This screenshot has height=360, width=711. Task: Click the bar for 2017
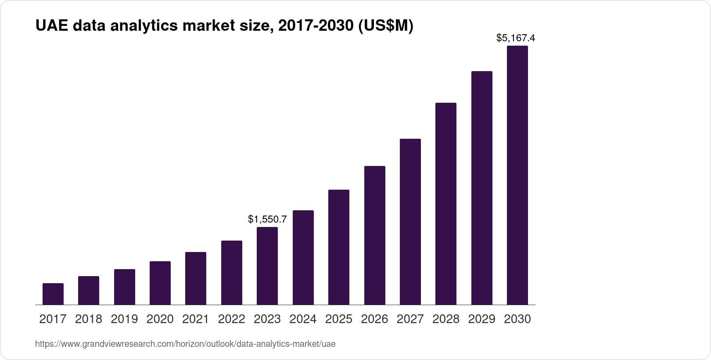[53, 294]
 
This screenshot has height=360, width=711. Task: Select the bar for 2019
[125, 287]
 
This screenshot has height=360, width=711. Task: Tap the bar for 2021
[196, 278]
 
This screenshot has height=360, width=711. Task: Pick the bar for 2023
[267, 266]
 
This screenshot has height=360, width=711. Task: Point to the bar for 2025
[339, 247]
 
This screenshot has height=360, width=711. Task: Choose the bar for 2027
[410, 222]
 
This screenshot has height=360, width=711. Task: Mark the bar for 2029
[482, 188]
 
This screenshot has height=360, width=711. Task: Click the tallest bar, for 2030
[517, 175]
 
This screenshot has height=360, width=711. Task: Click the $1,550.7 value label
[267, 219]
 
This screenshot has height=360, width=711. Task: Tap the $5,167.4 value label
[516, 38]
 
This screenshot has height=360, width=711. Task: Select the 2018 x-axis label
[89, 319]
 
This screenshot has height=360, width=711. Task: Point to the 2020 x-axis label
[160, 319]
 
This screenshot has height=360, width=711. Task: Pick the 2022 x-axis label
[232, 319]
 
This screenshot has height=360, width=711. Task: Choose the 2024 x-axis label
[303, 319]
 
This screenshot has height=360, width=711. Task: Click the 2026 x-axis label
[375, 319]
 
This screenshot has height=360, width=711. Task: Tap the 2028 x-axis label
[446, 319]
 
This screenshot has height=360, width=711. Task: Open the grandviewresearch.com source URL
[185, 344]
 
